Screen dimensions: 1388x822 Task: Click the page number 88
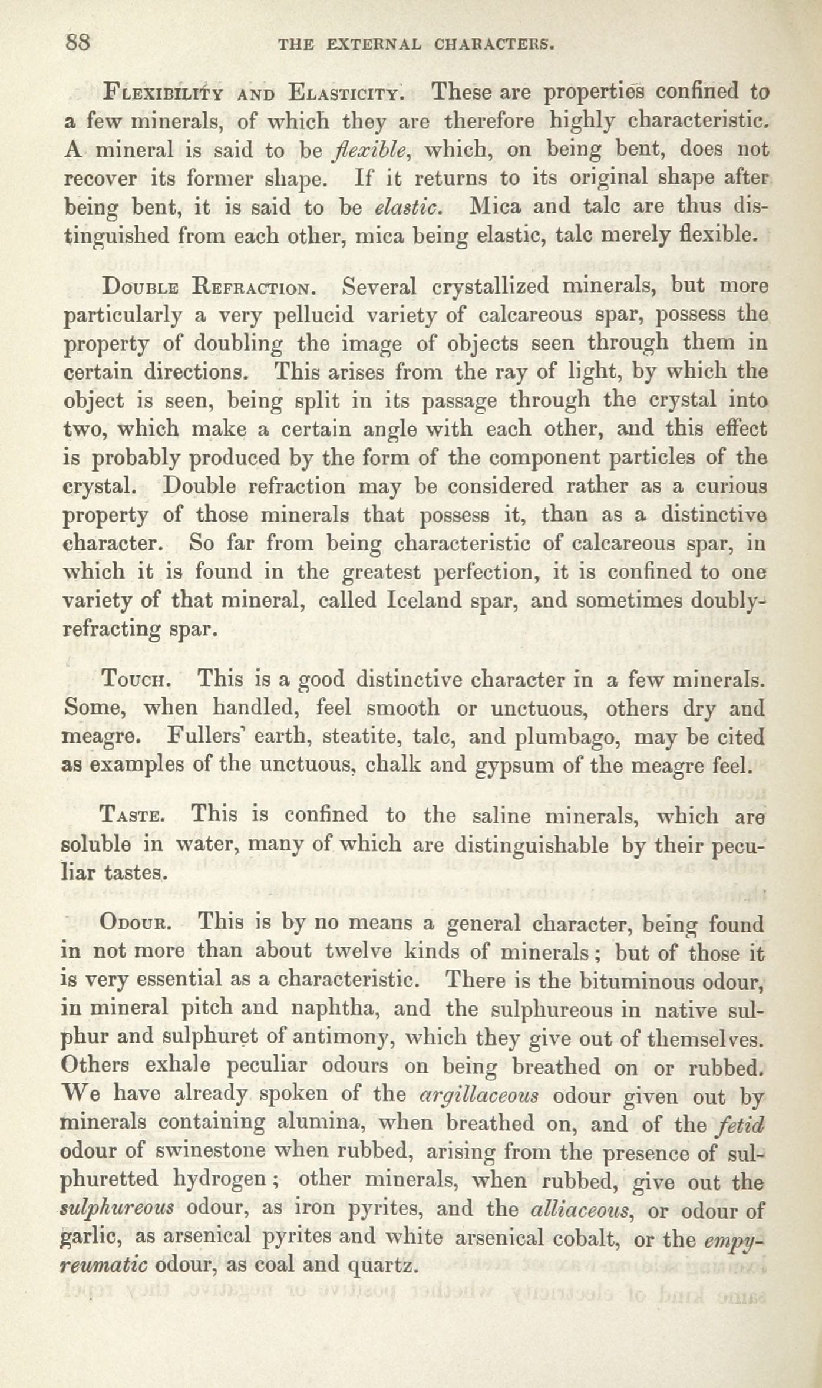click(x=78, y=43)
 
